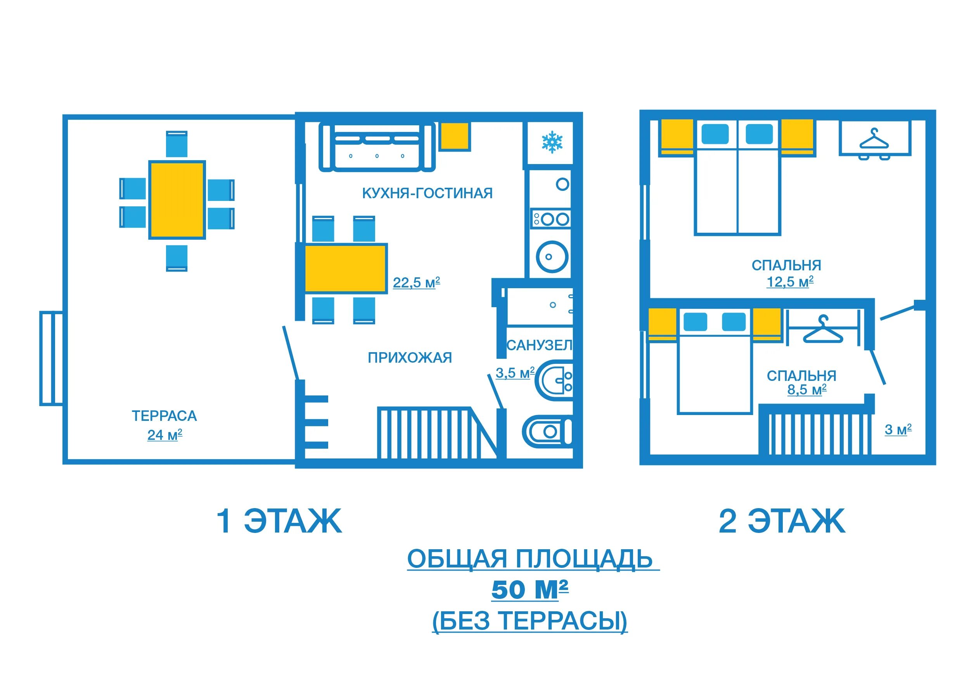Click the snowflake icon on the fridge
click(552, 142)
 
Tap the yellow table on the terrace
click(177, 200)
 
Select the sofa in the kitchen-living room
click(377, 147)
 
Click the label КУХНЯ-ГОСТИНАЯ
click(427, 193)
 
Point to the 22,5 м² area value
click(417, 283)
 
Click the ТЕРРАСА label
click(164, 416)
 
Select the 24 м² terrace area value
click(164, 435)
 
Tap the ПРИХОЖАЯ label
click(410, 358)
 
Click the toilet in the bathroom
click(547, 432)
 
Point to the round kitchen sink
click(552, 257)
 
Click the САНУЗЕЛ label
click(539, 345)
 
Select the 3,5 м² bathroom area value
click(515, 373)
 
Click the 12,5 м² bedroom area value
click(790, 282)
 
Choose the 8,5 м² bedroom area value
click(806, 390)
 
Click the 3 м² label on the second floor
click(898, 429)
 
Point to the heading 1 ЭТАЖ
click(279, 521)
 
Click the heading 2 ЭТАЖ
click(782, 521)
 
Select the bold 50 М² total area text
click(529, 590)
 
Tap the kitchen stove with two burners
click(551, 219)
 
